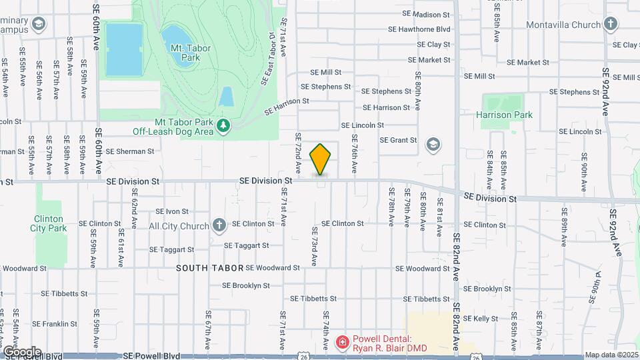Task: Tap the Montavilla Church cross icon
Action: [610, 25]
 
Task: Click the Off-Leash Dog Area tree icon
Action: [225, 125]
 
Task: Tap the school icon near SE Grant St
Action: [433, 144]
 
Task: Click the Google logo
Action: [22, 351]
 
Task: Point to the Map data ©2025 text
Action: [611, 355]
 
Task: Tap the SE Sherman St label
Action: [130, 151]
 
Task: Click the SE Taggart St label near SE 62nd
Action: [171, 250]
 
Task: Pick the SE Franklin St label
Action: [59, 324]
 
